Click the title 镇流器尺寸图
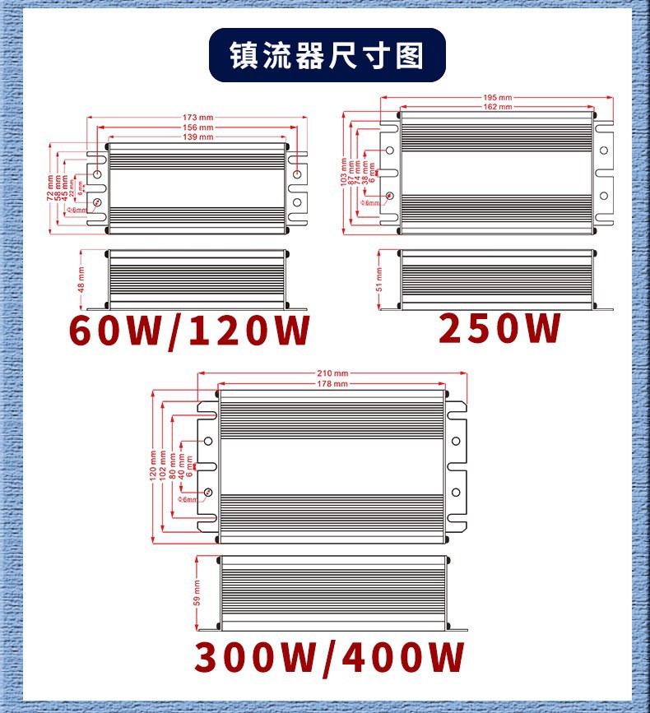point(327,56)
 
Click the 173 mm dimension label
point(197,118)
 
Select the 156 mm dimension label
point(197,127)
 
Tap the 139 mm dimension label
point(197,137)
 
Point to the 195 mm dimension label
point(498,98)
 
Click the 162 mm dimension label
point(498,107)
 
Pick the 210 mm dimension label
point(332,374)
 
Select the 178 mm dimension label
point(332,384)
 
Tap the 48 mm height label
point(81,280)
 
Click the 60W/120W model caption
point(190,331)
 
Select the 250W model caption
point(499,328)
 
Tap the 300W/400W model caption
point(330,658)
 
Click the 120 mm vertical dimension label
point(153,465)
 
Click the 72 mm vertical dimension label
point(50,187)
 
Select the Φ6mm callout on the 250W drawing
point(371,202)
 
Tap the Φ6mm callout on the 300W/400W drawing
point(188,499)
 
